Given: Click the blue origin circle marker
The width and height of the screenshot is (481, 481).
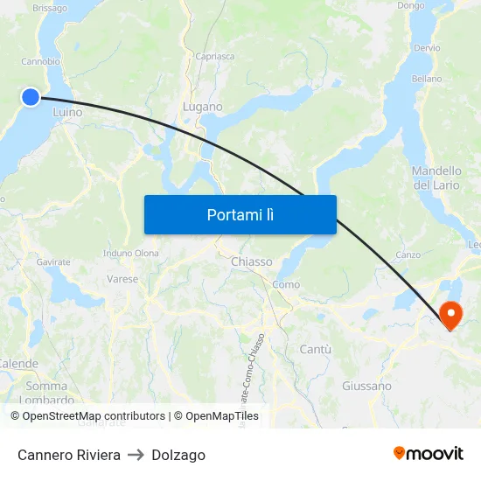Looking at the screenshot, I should (31, 97).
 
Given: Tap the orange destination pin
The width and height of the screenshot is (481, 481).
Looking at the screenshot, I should (451, 314).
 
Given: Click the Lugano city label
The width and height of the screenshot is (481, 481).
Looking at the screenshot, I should (202, 107).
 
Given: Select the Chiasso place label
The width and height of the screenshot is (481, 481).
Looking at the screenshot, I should (251, 261).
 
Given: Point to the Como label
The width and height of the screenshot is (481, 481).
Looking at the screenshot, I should (286, 284).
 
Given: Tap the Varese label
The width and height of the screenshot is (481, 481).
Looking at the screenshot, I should (122, 279).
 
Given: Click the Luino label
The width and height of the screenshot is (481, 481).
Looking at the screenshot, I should (67, 112).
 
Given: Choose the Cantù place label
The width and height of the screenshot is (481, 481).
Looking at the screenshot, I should (315, 349).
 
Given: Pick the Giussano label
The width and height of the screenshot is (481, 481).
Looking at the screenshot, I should (366, 386).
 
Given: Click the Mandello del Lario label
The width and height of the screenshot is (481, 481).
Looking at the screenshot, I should (436, 178).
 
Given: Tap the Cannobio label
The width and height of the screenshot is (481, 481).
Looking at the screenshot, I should (40, 62).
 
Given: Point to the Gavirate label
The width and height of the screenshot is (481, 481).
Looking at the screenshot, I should (53, 261).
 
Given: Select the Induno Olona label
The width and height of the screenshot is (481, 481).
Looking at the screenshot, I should (131, 254).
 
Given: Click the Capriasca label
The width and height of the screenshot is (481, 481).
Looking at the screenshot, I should (215, 56).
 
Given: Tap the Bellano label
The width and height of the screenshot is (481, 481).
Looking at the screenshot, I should (427, 79).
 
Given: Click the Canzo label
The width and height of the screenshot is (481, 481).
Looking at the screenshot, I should (408, 255).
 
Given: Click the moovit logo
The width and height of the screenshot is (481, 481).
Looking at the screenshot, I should (428, 454).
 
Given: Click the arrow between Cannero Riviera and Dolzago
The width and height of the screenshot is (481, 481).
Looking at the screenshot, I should (136, 455).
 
